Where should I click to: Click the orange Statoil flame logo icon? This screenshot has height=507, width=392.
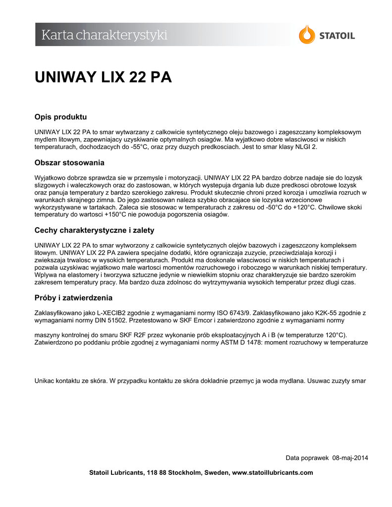pyautogui.click(x=307, y=35)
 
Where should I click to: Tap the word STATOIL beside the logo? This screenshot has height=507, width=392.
pyautogui.click(x=336, y=36)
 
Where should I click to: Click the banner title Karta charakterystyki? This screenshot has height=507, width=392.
pyautogui.click(x=104, y=35)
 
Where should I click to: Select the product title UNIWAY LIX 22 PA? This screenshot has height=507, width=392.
pyautogui.click(x=103, y=78)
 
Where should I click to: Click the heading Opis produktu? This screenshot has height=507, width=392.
pyautogui.click(x=60, y=117)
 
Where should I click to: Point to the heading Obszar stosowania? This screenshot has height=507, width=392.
pyautogui.click(x=69, y=163)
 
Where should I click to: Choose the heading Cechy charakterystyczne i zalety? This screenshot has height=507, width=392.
pyautogui.click(x=94, y=230)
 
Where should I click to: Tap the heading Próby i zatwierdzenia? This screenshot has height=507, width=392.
pyautogui.click(x=73, y=298)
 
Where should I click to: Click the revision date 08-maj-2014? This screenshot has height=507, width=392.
pyautogui.click(x=350, y=457)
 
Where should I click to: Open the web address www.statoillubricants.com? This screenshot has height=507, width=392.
pyautogui.click(x=273, y=472)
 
